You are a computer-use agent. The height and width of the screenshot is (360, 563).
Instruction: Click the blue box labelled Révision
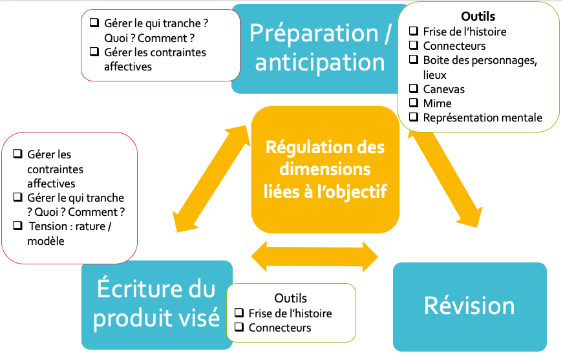coord(469,306)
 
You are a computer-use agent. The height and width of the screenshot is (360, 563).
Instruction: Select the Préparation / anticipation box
coord(320,48)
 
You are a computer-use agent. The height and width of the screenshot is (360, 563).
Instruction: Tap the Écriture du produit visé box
coord(157,304)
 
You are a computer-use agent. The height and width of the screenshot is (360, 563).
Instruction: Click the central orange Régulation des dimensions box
coord(324,169)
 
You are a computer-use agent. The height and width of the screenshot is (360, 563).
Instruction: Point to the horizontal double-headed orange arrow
coord(315,256)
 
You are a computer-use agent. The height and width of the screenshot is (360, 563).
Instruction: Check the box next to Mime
coord(414,103)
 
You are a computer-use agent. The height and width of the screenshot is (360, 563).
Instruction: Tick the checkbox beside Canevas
coord(414,89)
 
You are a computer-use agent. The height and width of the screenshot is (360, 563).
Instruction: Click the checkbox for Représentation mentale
coord(414,118)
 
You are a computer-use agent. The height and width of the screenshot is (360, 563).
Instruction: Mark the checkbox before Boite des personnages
coord(414,60)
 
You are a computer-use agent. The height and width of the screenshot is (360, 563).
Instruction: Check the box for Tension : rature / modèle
coord(17,226)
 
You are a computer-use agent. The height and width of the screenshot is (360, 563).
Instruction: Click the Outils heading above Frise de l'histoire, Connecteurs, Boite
coord(478,16)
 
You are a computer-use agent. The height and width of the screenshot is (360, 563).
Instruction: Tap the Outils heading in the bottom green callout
coord(291,298)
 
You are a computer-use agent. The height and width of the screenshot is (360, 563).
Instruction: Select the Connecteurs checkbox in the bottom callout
coord(239,328)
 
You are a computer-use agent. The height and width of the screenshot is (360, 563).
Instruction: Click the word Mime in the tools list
coord(438,103)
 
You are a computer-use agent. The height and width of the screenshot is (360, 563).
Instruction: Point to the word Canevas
coord(444,89)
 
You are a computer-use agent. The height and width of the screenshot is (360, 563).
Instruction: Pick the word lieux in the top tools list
coord(436,75)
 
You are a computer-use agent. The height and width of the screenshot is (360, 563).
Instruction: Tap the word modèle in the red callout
coord(46,240)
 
